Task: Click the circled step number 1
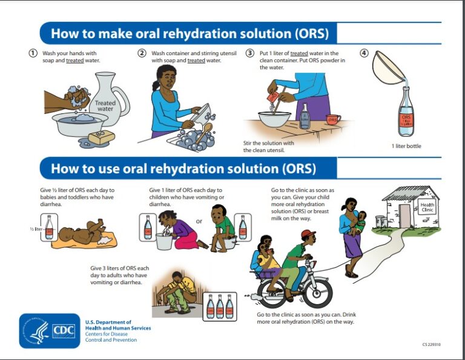point(34,53)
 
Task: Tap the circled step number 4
point(364,53)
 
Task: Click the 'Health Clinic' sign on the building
point(427,208)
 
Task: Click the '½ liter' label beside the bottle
point(36,230)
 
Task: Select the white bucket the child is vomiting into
point(165,241)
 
